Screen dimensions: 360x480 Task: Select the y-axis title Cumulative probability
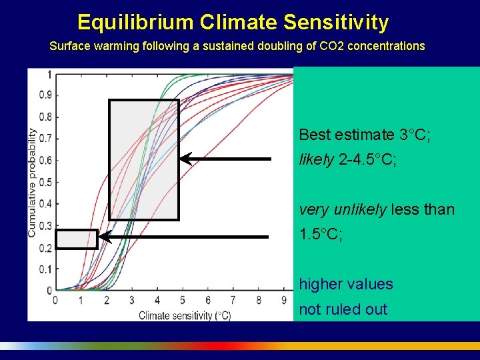tap(32, 182)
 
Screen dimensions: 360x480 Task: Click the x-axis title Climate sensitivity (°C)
tap(185, 315)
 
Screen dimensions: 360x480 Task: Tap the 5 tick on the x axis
tap(183, 301)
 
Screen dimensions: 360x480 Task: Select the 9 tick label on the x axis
tap(284, 301)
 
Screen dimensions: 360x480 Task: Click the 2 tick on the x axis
tap(106, 301)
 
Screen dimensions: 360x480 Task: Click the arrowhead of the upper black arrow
tap(185, 159)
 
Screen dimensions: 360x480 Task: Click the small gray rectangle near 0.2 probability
tap(76, 239)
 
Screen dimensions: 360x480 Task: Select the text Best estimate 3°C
tap(364, 135)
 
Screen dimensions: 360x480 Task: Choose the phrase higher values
tap(346, 284)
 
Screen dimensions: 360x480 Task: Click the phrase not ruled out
tap(343, 309)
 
